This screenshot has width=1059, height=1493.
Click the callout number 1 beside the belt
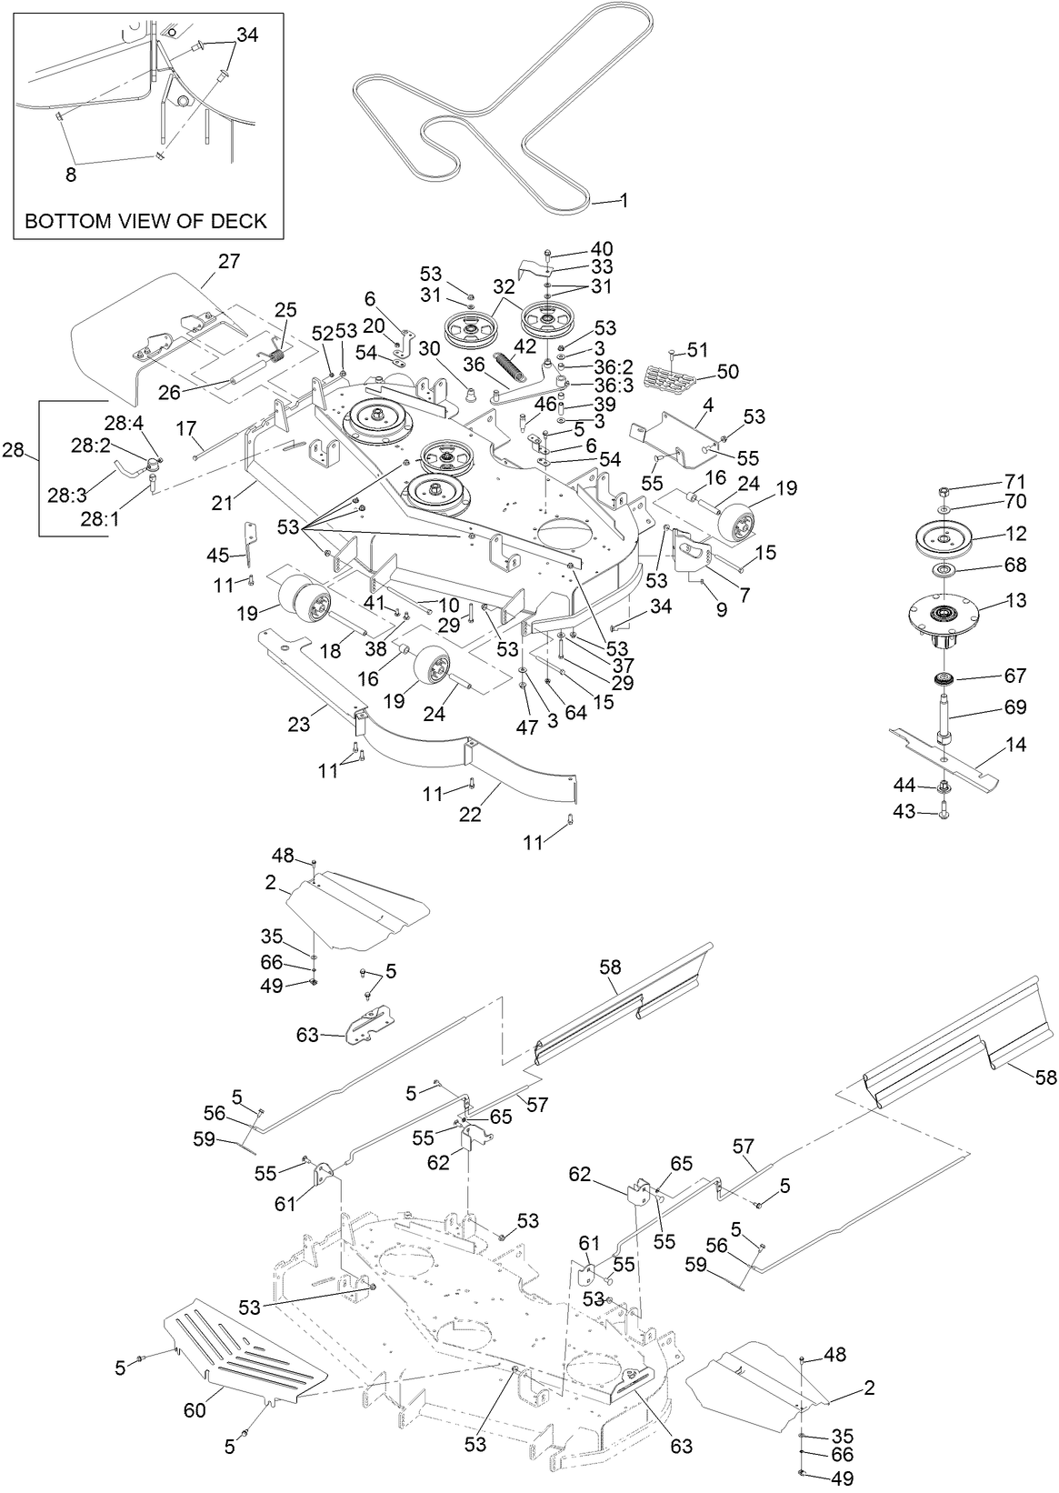624,199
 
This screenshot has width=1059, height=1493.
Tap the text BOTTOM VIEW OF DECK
145,221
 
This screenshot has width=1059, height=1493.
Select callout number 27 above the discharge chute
228,261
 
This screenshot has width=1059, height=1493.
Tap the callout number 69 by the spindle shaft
1014,707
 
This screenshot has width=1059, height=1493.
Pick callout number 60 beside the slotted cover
195,1410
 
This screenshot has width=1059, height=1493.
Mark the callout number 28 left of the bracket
14,449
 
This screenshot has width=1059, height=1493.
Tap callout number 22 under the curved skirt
470,816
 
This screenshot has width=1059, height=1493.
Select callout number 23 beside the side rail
298,725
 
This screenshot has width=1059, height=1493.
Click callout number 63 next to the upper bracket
308,1034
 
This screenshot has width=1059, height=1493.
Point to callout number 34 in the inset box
246,35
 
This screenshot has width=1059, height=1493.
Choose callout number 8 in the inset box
71,175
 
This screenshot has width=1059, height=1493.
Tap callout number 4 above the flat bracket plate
707,402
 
